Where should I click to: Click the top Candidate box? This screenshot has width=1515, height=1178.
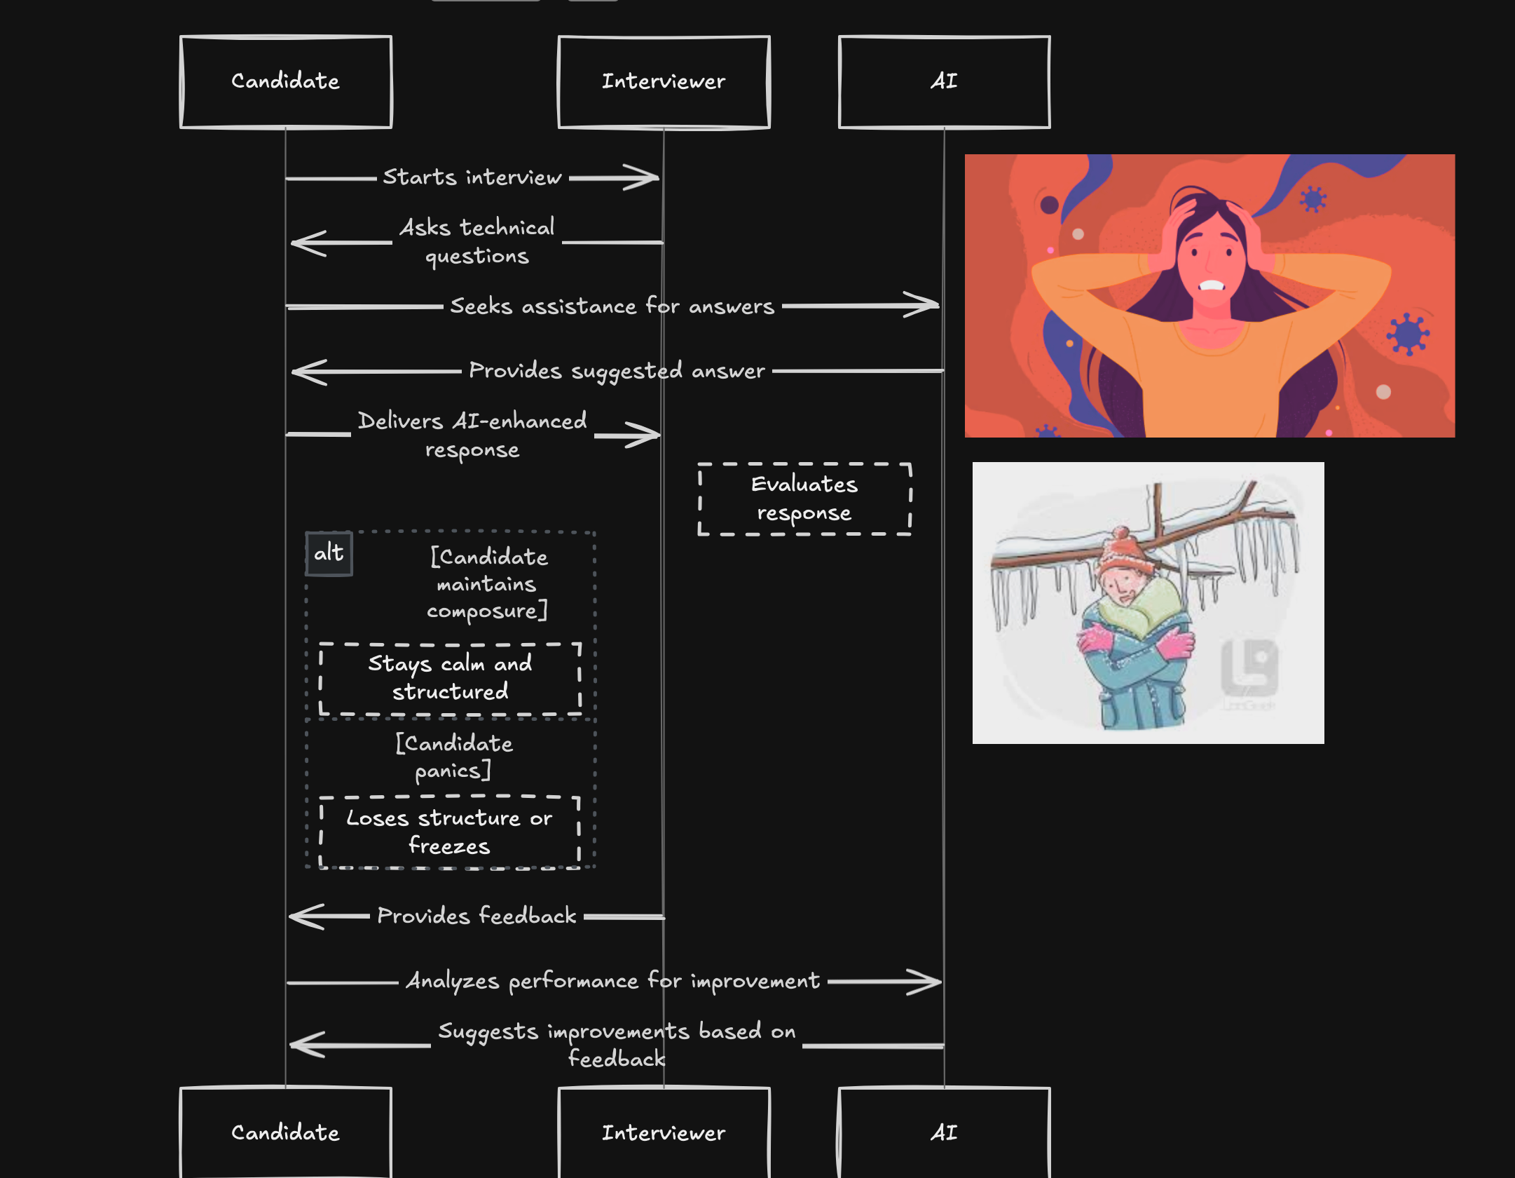pos(286,82)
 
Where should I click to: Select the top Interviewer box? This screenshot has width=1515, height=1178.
pos(664,82)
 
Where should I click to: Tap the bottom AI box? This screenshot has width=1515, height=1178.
pos(944,1132)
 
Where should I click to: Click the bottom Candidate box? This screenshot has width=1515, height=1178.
pos(286,1132)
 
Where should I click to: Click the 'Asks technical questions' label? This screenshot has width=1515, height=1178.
pos(477,241)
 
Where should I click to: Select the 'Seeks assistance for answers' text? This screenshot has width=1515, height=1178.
pos(612,306)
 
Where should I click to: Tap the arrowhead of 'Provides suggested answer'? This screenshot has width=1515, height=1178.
pos(305,372)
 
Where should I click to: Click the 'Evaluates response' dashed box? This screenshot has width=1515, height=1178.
pos(804,499)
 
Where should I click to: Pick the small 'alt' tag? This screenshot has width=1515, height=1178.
pos(329,553)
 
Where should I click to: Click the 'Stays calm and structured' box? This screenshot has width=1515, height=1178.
pos(450,678)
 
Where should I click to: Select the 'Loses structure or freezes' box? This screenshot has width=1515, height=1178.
pos(449,832)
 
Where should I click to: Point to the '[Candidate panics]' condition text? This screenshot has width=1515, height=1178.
pos(453,757)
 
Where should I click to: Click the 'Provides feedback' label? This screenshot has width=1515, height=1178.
pos(477,916)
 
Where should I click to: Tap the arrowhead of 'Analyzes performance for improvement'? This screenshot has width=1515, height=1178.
pos(928,982)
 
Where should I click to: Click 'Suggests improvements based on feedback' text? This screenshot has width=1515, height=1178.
pos(617,1044)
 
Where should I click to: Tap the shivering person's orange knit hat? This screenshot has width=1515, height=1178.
pos(1123,551)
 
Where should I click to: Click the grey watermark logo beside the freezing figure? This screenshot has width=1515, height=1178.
pos(1249,666)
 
